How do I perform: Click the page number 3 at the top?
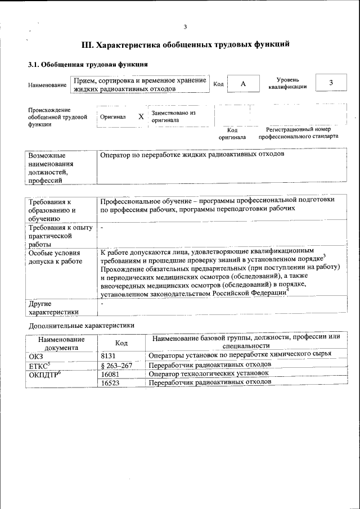(184, 26)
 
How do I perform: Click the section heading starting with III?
(186, 44)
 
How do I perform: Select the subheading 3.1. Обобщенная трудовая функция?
(88, 64)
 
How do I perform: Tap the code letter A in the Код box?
(243, 84)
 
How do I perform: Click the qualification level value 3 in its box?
(331, 83)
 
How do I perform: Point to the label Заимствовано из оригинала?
(173, 116)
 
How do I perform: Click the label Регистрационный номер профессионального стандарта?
(298, 133)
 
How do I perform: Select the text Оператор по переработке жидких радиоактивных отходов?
(192, 154)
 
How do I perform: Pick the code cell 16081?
(110, 373)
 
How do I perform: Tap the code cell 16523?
(110, 382)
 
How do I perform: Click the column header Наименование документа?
(61, 343)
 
